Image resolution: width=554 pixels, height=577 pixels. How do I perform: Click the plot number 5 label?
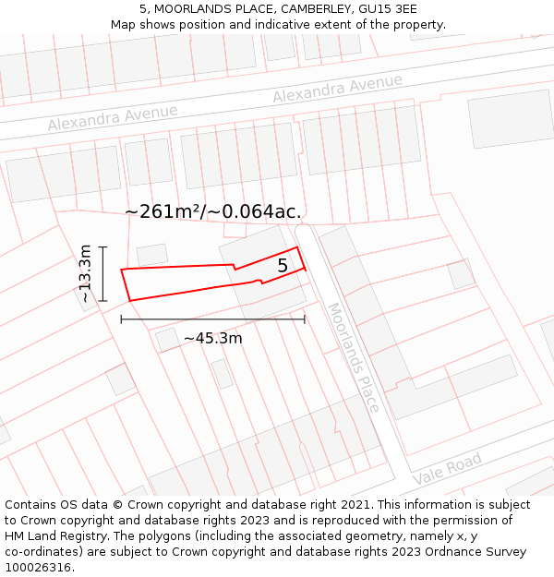pyautogui.click(x=283, y=266)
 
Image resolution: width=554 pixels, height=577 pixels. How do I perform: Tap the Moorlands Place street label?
pyautogui.click(x=353, y=344)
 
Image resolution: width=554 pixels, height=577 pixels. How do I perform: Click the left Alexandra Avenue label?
pyautogui.click(x=113, y=117)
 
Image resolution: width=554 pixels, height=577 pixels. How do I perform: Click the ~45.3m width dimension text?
pyautogui.click(x=212, y=338)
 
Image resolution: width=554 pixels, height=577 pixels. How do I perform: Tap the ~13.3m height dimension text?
pyautogui.click(x=85, y=273)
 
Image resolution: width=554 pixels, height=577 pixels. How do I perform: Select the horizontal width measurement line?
pyautogui.click(x=212, y=319)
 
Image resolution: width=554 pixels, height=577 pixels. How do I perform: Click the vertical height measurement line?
pyautogui.click(x=103, y=273)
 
